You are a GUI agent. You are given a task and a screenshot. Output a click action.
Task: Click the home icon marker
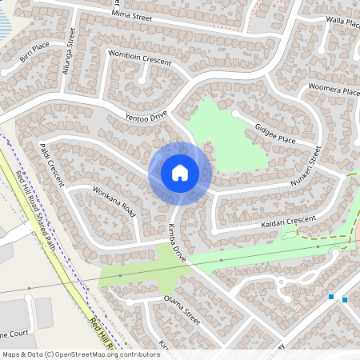click(180, 173)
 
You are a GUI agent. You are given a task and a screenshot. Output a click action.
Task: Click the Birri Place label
click(35, 58)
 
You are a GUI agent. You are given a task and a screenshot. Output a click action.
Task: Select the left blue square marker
click(330, 297)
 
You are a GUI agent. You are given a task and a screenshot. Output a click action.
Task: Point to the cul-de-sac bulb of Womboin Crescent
click(143, 79)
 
